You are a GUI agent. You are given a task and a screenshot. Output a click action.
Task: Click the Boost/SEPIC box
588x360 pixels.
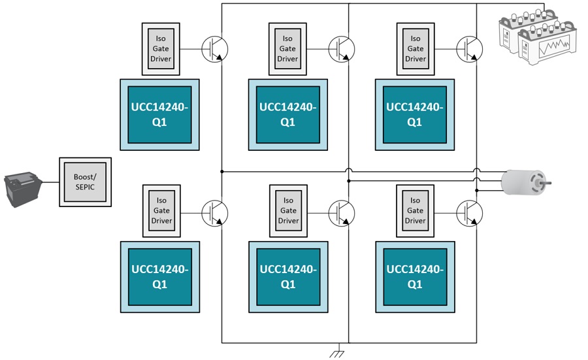tap(85, 182)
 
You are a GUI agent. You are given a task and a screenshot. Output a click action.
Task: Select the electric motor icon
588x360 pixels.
tap(526, 183)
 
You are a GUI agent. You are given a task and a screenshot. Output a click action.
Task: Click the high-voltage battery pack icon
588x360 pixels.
tap(538, 36)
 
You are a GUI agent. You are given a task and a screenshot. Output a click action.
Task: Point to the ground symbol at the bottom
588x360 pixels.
tap(337, 353)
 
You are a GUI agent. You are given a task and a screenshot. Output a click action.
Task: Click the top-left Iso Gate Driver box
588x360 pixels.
tap(161, 49)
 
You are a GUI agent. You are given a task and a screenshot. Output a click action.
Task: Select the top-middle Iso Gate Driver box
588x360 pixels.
tap(287, 49)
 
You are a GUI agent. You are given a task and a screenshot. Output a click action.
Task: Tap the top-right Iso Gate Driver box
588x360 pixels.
tap(416, 49)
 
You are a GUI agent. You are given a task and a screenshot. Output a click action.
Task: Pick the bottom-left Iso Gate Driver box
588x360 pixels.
tap(161, 211)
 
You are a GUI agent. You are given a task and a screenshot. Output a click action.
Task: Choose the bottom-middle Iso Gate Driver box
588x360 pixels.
tap(288, 211)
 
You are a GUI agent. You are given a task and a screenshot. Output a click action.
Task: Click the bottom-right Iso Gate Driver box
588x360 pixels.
tap(415, 211)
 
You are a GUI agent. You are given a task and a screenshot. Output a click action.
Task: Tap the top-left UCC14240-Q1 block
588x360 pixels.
tap(160, 115)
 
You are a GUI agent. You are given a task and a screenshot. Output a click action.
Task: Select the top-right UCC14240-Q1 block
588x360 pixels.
tap(415, 115)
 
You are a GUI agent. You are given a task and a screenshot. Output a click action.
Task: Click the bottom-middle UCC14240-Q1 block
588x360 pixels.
tap(288, 277)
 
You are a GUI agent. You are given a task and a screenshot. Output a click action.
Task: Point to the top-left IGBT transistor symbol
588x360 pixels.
tap(215, 49)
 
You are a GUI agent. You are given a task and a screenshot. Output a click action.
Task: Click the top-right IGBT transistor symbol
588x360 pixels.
tap(470, 49)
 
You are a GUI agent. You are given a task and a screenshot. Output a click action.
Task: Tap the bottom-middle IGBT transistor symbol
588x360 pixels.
tap(342, 213)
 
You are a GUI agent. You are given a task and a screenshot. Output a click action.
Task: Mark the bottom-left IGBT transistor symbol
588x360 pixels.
tap(215, 213)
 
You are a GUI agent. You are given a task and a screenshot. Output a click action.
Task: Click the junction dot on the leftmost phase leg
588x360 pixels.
tap(222, 172)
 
